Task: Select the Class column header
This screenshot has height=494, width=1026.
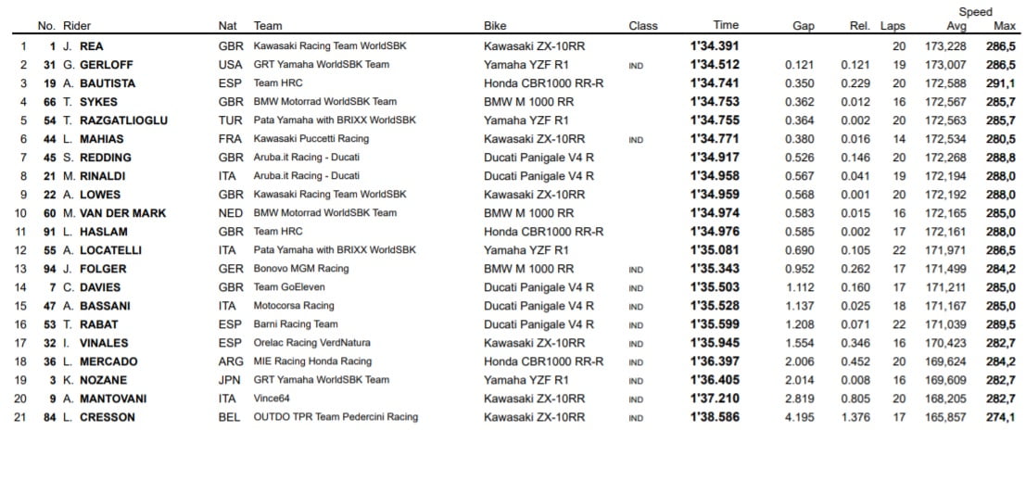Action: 642,26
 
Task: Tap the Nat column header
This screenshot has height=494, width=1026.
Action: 227,26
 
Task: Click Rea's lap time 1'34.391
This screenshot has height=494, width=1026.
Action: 715,46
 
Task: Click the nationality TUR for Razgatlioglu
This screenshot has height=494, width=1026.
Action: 230,120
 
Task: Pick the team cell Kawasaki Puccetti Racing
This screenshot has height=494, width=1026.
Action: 310,139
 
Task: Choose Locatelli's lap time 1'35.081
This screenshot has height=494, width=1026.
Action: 715,250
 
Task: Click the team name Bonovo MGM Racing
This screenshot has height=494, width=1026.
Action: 301,269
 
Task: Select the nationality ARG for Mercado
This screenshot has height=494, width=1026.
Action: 231,361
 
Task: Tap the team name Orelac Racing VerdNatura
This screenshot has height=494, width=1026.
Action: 312,343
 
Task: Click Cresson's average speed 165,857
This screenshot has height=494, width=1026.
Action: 945,417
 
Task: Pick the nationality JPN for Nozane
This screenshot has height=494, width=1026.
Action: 230,380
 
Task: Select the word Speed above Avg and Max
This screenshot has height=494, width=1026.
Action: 975,12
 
